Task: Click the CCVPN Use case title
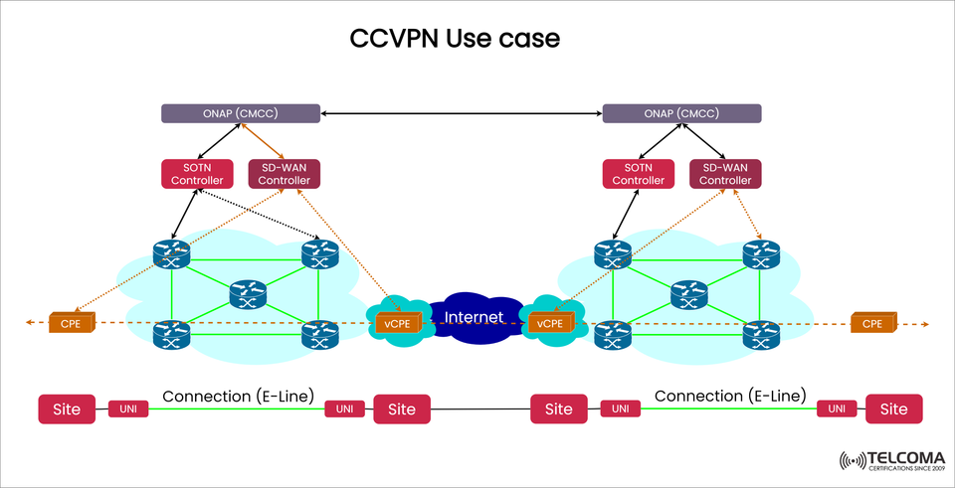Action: click(x=455, y=39)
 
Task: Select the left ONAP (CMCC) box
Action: click(x=241, y=113)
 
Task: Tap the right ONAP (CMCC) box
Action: click(x=682, y=113)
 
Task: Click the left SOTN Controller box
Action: click(x=197, y=173)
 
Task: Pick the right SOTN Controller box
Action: click(x=638, y=173)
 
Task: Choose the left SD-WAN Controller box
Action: click(x=284, y=173)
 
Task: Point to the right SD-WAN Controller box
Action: click(x=725, y=173)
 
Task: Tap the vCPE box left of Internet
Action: click(x=396, y=323)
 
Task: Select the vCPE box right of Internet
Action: click(x=549, y=323)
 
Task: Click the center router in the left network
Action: click(x=247, y=293)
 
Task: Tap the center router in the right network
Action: click(x=688, y=293)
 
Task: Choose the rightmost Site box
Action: click(x=893, y=408)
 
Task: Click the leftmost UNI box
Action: click(x=128, y=409)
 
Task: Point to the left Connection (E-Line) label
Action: click(x=238, y=396)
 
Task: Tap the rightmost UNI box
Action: click(x=837, y=409)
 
